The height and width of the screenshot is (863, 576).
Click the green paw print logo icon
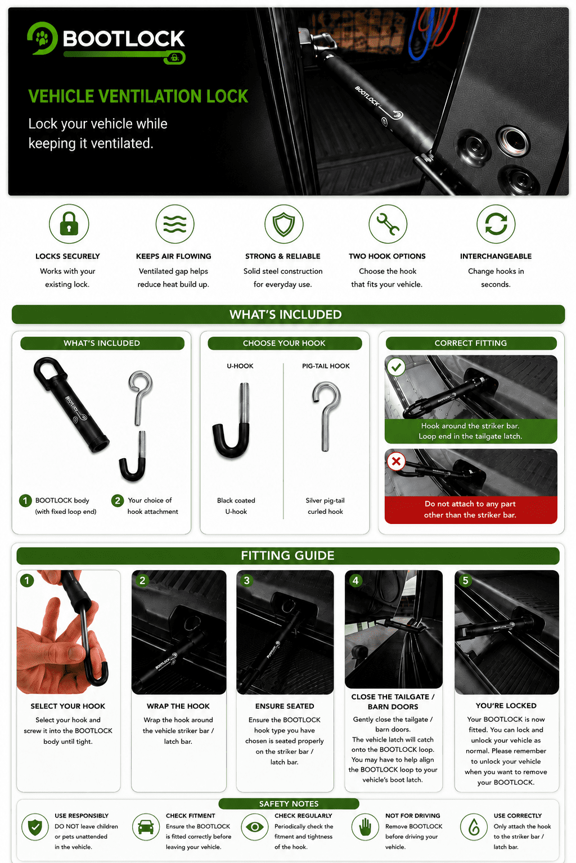[42, 38]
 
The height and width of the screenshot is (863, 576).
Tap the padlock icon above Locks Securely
[69, 224]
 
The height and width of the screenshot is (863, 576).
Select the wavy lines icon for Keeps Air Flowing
[174, 224]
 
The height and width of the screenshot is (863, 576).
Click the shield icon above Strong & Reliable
[283, 224]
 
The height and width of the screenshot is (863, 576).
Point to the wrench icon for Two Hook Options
[388, 224]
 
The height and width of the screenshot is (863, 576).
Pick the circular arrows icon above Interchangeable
[496, 224]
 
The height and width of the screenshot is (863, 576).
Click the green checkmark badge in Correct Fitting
[397, 367]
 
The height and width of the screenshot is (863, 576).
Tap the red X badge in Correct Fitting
[397, 461]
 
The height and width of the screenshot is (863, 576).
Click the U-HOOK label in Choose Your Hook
[240, 366]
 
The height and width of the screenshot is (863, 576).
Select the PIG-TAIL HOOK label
[326, 366]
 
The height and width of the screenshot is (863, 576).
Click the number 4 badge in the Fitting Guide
[355, 580]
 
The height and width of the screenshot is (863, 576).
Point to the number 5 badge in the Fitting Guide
[465, 580]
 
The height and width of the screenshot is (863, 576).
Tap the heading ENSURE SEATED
[285, 706]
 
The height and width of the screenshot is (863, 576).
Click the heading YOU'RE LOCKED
[506, 706]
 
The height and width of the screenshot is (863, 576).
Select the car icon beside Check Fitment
[146, 827]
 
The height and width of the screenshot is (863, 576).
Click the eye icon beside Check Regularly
[254, 827]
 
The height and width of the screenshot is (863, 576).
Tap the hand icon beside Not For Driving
[365, 827]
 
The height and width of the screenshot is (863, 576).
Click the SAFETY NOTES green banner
[289, 803]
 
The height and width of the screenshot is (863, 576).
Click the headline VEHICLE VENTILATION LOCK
[138, 96]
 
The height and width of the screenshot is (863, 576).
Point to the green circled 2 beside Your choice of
[118, 500]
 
